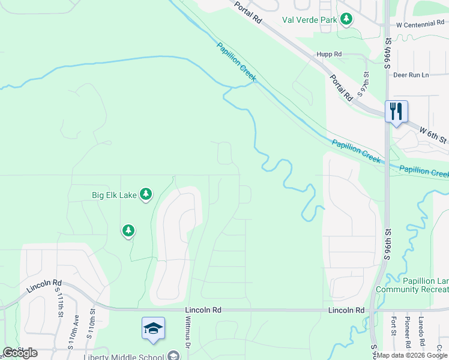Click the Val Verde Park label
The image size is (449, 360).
310,20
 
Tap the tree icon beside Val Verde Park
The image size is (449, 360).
346,20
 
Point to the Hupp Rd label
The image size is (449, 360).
330,54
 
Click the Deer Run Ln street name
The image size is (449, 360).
411,75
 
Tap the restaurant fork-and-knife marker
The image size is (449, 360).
396,112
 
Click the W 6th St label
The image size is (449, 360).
433,135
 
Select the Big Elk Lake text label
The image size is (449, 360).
114,195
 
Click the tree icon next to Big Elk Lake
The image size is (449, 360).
145,194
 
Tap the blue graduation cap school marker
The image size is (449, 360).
154,328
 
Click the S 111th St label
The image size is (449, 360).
60,302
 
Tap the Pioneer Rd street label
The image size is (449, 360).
408,332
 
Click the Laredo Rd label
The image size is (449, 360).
421,332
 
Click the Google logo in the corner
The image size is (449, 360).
20,353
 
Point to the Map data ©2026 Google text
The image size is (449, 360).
412,355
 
